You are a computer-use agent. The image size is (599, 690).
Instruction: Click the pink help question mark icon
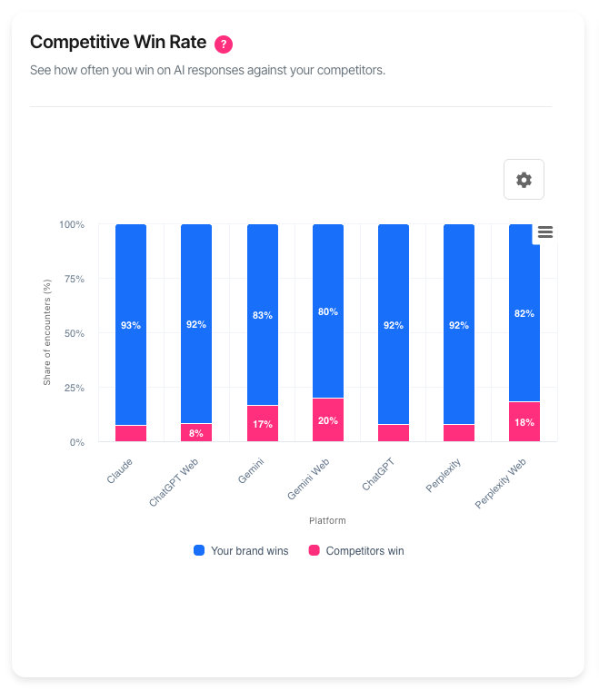point(224,44)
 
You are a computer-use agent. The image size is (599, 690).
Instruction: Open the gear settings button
point(524,180)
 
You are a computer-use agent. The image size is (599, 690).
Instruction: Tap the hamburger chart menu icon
point(545,232)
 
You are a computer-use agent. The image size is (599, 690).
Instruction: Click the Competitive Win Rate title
point(118,43)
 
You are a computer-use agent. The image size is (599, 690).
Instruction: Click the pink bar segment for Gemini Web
point(328,420)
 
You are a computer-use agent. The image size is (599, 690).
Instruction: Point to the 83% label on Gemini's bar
point(263,315)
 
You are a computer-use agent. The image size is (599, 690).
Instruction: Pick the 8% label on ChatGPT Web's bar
point(196,433)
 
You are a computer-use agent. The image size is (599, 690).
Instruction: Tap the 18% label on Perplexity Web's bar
point(524,422)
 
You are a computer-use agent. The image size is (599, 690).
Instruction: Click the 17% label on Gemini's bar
point(263,424)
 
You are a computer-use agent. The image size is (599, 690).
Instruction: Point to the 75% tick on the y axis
point(72,279)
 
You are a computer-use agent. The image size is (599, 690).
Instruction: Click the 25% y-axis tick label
point(72,388)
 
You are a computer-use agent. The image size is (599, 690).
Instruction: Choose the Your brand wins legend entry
point(241,550)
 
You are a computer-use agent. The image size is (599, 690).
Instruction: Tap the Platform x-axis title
point(327,521)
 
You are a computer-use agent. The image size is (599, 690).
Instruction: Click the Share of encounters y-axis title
point(47,333)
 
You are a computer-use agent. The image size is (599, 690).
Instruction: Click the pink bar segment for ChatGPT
point(394,433)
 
